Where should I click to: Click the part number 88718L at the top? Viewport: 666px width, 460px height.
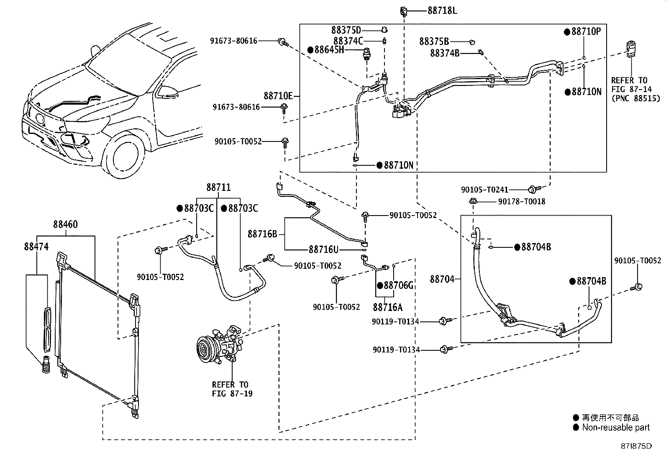[x=442, y=10]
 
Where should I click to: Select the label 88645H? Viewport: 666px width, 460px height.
[x=329, y=50]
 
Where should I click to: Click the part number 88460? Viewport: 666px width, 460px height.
[x=65, y=224]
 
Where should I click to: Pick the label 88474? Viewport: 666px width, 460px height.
[x=36, y=247]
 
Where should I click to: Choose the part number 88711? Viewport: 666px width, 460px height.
[x=218, y=188]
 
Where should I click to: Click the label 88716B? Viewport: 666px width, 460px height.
[x=262, y=234]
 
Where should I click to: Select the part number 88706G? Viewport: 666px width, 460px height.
[x=398, y=285]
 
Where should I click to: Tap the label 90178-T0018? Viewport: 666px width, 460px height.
[x=522, y=202]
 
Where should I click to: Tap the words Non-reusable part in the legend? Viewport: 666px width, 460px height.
[x=616, y=427]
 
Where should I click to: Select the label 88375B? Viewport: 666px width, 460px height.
[x=434, y=41]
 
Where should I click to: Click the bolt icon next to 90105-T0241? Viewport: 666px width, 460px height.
[x=533, y=189]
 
